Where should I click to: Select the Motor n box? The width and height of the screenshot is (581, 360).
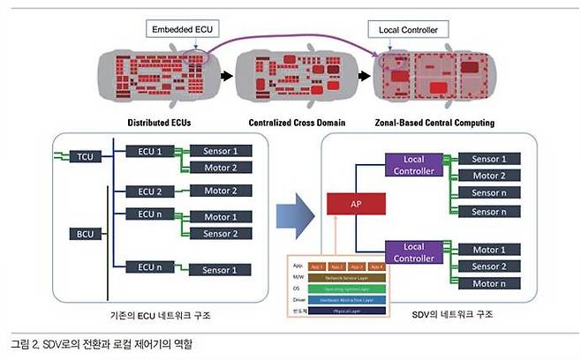click(x=489, y=283)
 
